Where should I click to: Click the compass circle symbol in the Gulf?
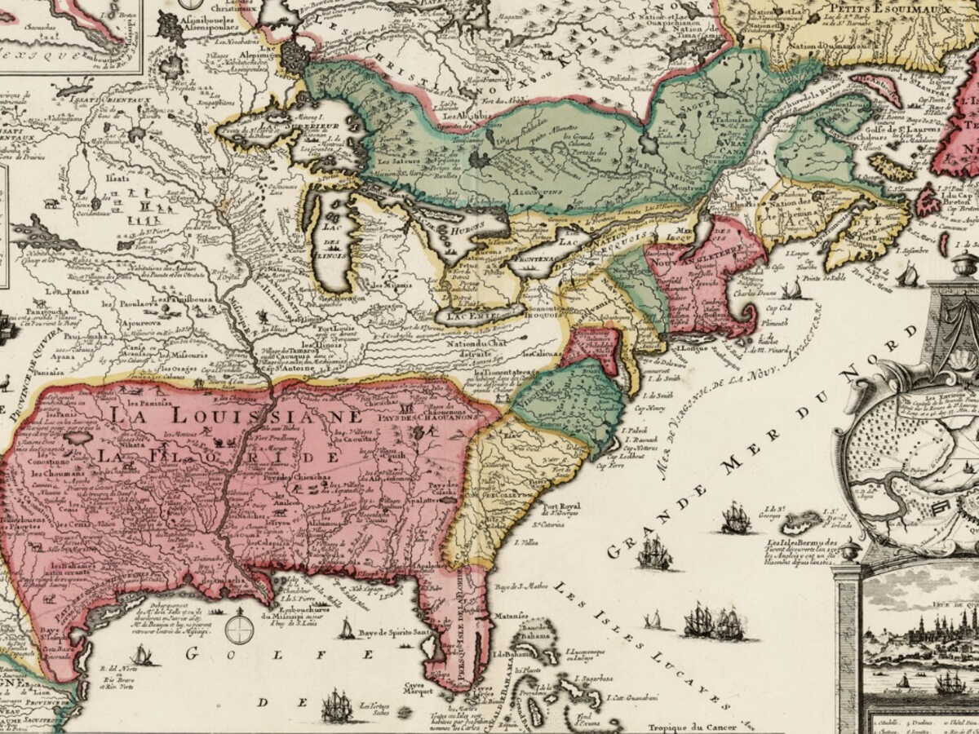[x=239, y=629]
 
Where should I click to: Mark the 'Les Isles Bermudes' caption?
[x=803, y=543]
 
